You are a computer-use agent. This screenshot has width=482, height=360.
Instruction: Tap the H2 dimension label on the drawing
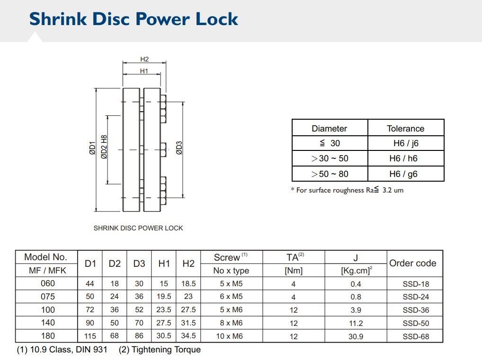tap(144, 59)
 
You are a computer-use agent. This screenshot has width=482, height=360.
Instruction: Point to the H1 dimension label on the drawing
tap(144, 71)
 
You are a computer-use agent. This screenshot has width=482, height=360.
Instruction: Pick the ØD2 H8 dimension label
tap(104, 147)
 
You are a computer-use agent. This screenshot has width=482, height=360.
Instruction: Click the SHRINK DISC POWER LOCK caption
tap(138, 228)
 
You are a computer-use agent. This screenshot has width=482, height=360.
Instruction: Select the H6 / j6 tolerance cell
tap(405, 143)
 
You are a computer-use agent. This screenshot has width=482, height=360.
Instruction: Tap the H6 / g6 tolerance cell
tap(405, 174)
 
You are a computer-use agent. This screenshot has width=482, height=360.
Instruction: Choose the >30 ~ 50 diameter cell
tap(330, 158)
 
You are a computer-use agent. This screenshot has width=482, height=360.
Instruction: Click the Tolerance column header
tap(405, 128)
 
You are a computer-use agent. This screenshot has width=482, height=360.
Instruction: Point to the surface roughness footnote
tap(347, 190)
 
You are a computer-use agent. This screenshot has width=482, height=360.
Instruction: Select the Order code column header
tap(412, 263)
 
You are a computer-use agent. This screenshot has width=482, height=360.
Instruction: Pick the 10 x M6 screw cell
tap(231, 336)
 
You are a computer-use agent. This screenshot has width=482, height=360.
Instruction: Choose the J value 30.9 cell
tap(356, 336)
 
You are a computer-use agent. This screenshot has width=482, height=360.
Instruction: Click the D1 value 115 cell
tap(90, 336)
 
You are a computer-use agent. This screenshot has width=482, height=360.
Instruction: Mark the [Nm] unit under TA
tap(294, 271)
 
